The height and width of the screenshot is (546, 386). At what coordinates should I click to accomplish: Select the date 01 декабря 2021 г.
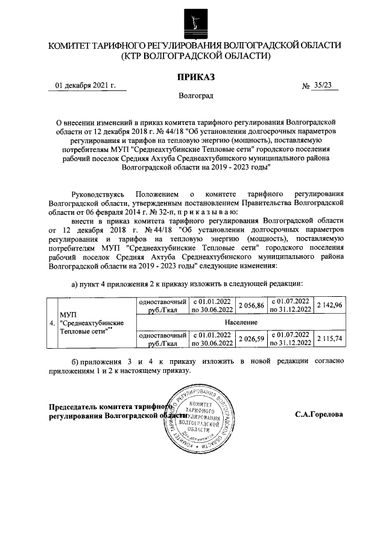click(85, 86)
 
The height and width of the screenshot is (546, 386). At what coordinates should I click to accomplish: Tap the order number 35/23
click(323, 86)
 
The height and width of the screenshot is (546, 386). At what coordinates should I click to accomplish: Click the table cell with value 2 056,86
click(252, 305)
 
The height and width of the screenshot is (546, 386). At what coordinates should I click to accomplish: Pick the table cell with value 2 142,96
click(329, 305)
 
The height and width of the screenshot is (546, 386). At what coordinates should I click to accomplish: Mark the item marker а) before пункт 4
click(75, 283)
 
